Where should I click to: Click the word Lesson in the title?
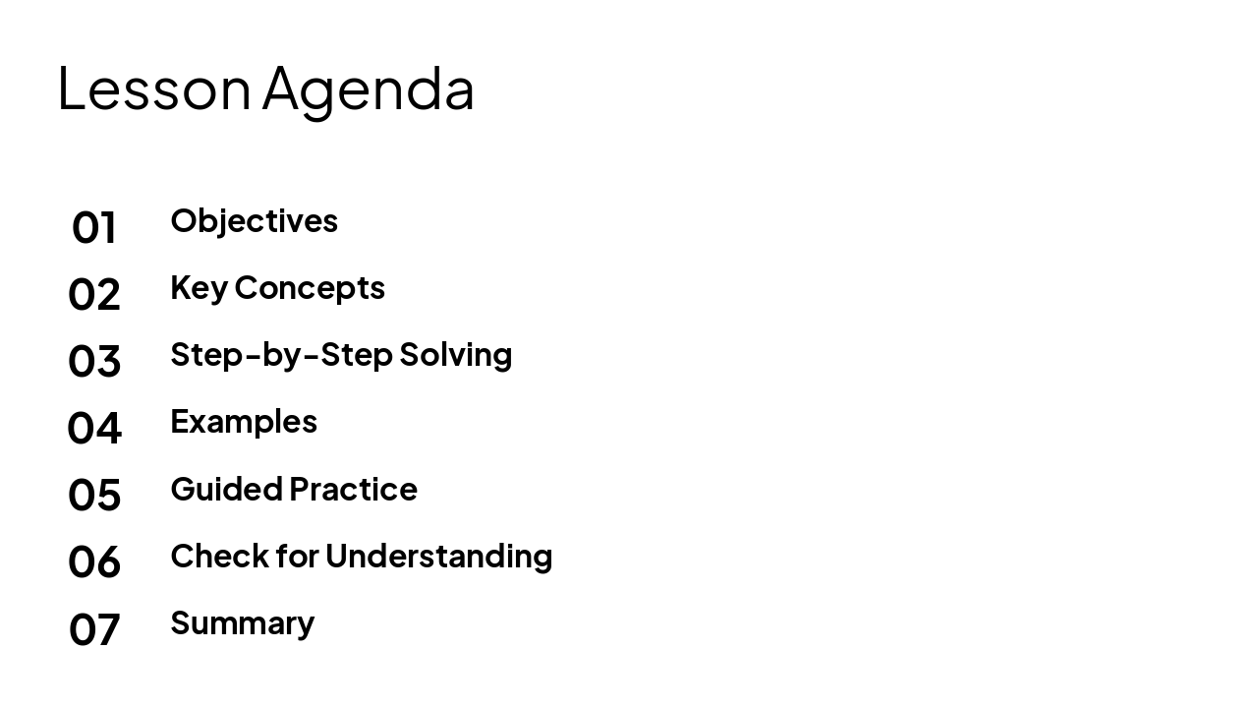154,88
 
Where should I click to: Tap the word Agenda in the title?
369,88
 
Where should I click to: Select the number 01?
94,227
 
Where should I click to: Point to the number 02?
94,294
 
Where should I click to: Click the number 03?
94,361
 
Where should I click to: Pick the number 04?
94,428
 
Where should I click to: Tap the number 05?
94,495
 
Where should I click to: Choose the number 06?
94,561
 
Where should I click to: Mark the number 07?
94,628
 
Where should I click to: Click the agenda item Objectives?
254,220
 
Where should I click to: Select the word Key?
199,288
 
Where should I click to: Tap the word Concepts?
310,288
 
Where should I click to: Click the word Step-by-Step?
281,355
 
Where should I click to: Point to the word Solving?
456,355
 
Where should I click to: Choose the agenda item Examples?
244,422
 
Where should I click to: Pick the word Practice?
354,489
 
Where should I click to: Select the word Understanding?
439,557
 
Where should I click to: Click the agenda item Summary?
242,623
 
